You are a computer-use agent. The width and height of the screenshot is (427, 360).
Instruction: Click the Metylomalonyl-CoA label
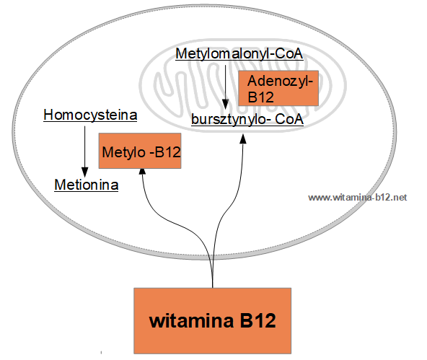click(239, 53)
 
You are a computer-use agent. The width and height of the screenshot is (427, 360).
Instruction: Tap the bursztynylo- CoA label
click(247, 119)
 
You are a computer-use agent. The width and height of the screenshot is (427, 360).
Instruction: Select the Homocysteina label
click(90, 115)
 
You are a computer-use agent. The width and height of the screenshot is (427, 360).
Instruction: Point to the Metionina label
click(87, 185)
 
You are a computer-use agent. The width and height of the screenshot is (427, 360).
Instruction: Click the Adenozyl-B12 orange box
click(278, 88)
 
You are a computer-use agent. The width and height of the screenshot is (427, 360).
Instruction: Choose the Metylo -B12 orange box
click(140, 151)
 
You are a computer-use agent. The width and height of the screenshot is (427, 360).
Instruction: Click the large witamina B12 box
click(212, 321)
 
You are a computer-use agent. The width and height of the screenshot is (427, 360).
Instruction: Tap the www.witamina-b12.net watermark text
click(358, 197)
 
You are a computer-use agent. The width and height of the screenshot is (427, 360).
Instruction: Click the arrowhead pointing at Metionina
click(84, 172)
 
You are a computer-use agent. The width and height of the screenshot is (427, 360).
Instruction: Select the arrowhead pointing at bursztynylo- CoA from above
click(225, 104)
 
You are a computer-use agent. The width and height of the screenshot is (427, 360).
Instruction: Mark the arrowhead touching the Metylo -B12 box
click(142, 172)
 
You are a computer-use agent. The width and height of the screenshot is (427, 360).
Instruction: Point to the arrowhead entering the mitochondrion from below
click(243, 139)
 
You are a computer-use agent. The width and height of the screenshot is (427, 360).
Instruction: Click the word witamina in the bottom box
click(191, 320)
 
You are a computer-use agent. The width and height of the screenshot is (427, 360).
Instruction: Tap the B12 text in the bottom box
click(257, 320)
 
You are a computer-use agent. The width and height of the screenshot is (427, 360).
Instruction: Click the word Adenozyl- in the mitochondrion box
click(280, 81)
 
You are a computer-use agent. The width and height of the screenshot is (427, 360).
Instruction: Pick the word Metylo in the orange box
click(123, 152)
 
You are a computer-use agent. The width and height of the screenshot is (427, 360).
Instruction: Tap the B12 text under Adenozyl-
click(260, 97)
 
